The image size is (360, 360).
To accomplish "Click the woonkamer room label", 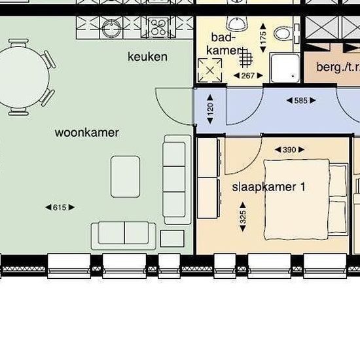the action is pyautogui.click(x=87, y=133).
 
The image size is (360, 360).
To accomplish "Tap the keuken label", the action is pyautogui.click(x=147, y=57).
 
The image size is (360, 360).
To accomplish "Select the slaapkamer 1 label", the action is pyautogui.click(x=268, y=187).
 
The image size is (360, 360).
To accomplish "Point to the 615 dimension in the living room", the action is pyautogui.click(x=60, y=207).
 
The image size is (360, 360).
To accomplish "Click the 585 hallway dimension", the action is pyautogui.click(x=301, y=100).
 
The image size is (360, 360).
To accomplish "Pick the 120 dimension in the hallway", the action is pyautogui.click(x=210, y=109).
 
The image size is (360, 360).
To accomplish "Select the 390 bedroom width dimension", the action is pyautogui.click(x=289, y=150).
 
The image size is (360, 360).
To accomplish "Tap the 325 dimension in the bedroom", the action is pyautogui.click(x=243, y=217).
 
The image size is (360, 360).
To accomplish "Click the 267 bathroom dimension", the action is pyautogui.click(x=248, y=75).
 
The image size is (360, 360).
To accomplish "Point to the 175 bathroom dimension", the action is pyautogui.click(x=263, y=38).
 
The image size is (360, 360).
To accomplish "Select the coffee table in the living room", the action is pyautogui.click(x=126, y=177).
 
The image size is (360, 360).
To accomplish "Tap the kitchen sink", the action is pyautogui.click(x=111, y=28).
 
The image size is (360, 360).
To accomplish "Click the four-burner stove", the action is pyautogui.click(x=158, y=27).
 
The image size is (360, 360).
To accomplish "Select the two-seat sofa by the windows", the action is pyautogui.click(x=124, y=236).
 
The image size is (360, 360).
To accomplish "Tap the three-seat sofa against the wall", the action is pyautogui.click(x=177, y=179).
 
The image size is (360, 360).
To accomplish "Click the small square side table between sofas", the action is pyautogui.click(x=172, y=238).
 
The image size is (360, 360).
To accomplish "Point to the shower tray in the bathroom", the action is pyautogui.click(x=285, y=67).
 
